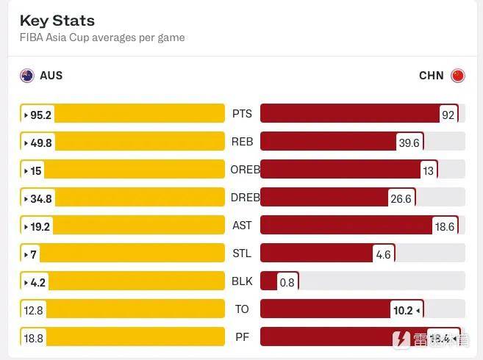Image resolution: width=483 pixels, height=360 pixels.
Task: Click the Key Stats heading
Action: [x=57, y=21]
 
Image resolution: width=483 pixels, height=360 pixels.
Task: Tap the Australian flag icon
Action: [x=27, y=75]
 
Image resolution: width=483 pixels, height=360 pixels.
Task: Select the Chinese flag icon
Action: [x=457, y=75]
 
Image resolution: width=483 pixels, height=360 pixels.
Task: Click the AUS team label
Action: [x=51, y=75]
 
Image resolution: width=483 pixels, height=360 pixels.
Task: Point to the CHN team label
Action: [x=432, y=75]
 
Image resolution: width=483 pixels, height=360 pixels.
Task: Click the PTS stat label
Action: [x=242, y=114]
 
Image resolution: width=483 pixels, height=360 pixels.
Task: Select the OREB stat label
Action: [x=245, y=170]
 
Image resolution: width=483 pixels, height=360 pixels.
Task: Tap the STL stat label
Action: [x=242, y=253]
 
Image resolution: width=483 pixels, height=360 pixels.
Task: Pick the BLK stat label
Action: [x=242, y=281]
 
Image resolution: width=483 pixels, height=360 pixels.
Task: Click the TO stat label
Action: [x=242, y=309]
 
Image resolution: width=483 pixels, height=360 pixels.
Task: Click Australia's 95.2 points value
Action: [x=40, y=115]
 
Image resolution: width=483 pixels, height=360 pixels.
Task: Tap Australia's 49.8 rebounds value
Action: [x=40, y=143]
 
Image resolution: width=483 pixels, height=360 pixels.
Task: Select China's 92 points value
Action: [x=448, y=115]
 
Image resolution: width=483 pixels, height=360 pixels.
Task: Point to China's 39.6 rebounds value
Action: [x=409, y=143]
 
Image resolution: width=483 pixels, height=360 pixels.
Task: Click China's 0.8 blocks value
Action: [x=287, y=282]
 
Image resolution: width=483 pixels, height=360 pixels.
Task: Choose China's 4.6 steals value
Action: [x=383, y=254]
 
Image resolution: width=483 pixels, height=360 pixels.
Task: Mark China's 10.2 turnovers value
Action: [x=404, y=310]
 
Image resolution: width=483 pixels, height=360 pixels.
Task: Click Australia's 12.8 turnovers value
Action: [x=34, y=310]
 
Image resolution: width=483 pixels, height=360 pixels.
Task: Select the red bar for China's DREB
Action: [x=323, y=198]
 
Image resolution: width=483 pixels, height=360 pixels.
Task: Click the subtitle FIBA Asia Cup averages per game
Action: [x=102, y=37]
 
